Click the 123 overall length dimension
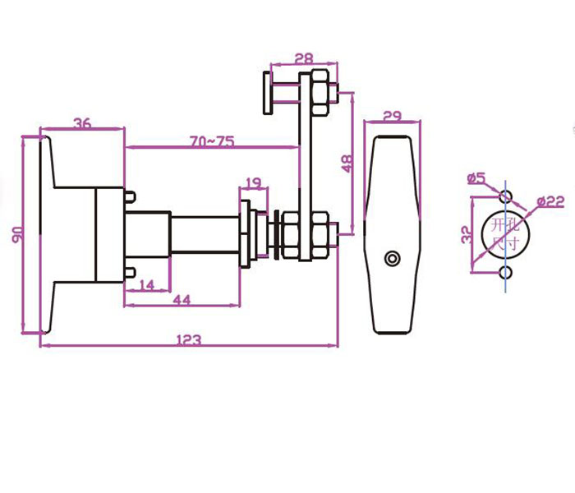point(189,339)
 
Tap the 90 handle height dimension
point(17,235)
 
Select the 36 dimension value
point(82,123)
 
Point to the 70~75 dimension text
point(212,141)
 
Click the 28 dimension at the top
point(304,58)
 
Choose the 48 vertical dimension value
point(347,164)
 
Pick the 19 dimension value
point(253,182)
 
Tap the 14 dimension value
point(147,285)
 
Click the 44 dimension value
point(182,300)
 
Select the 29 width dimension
point(393,117)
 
